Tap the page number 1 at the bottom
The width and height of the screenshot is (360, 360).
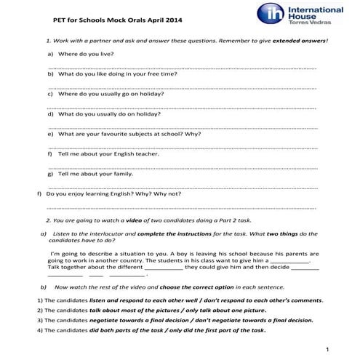[328, 350]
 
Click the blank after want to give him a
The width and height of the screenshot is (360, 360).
[290, 260]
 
